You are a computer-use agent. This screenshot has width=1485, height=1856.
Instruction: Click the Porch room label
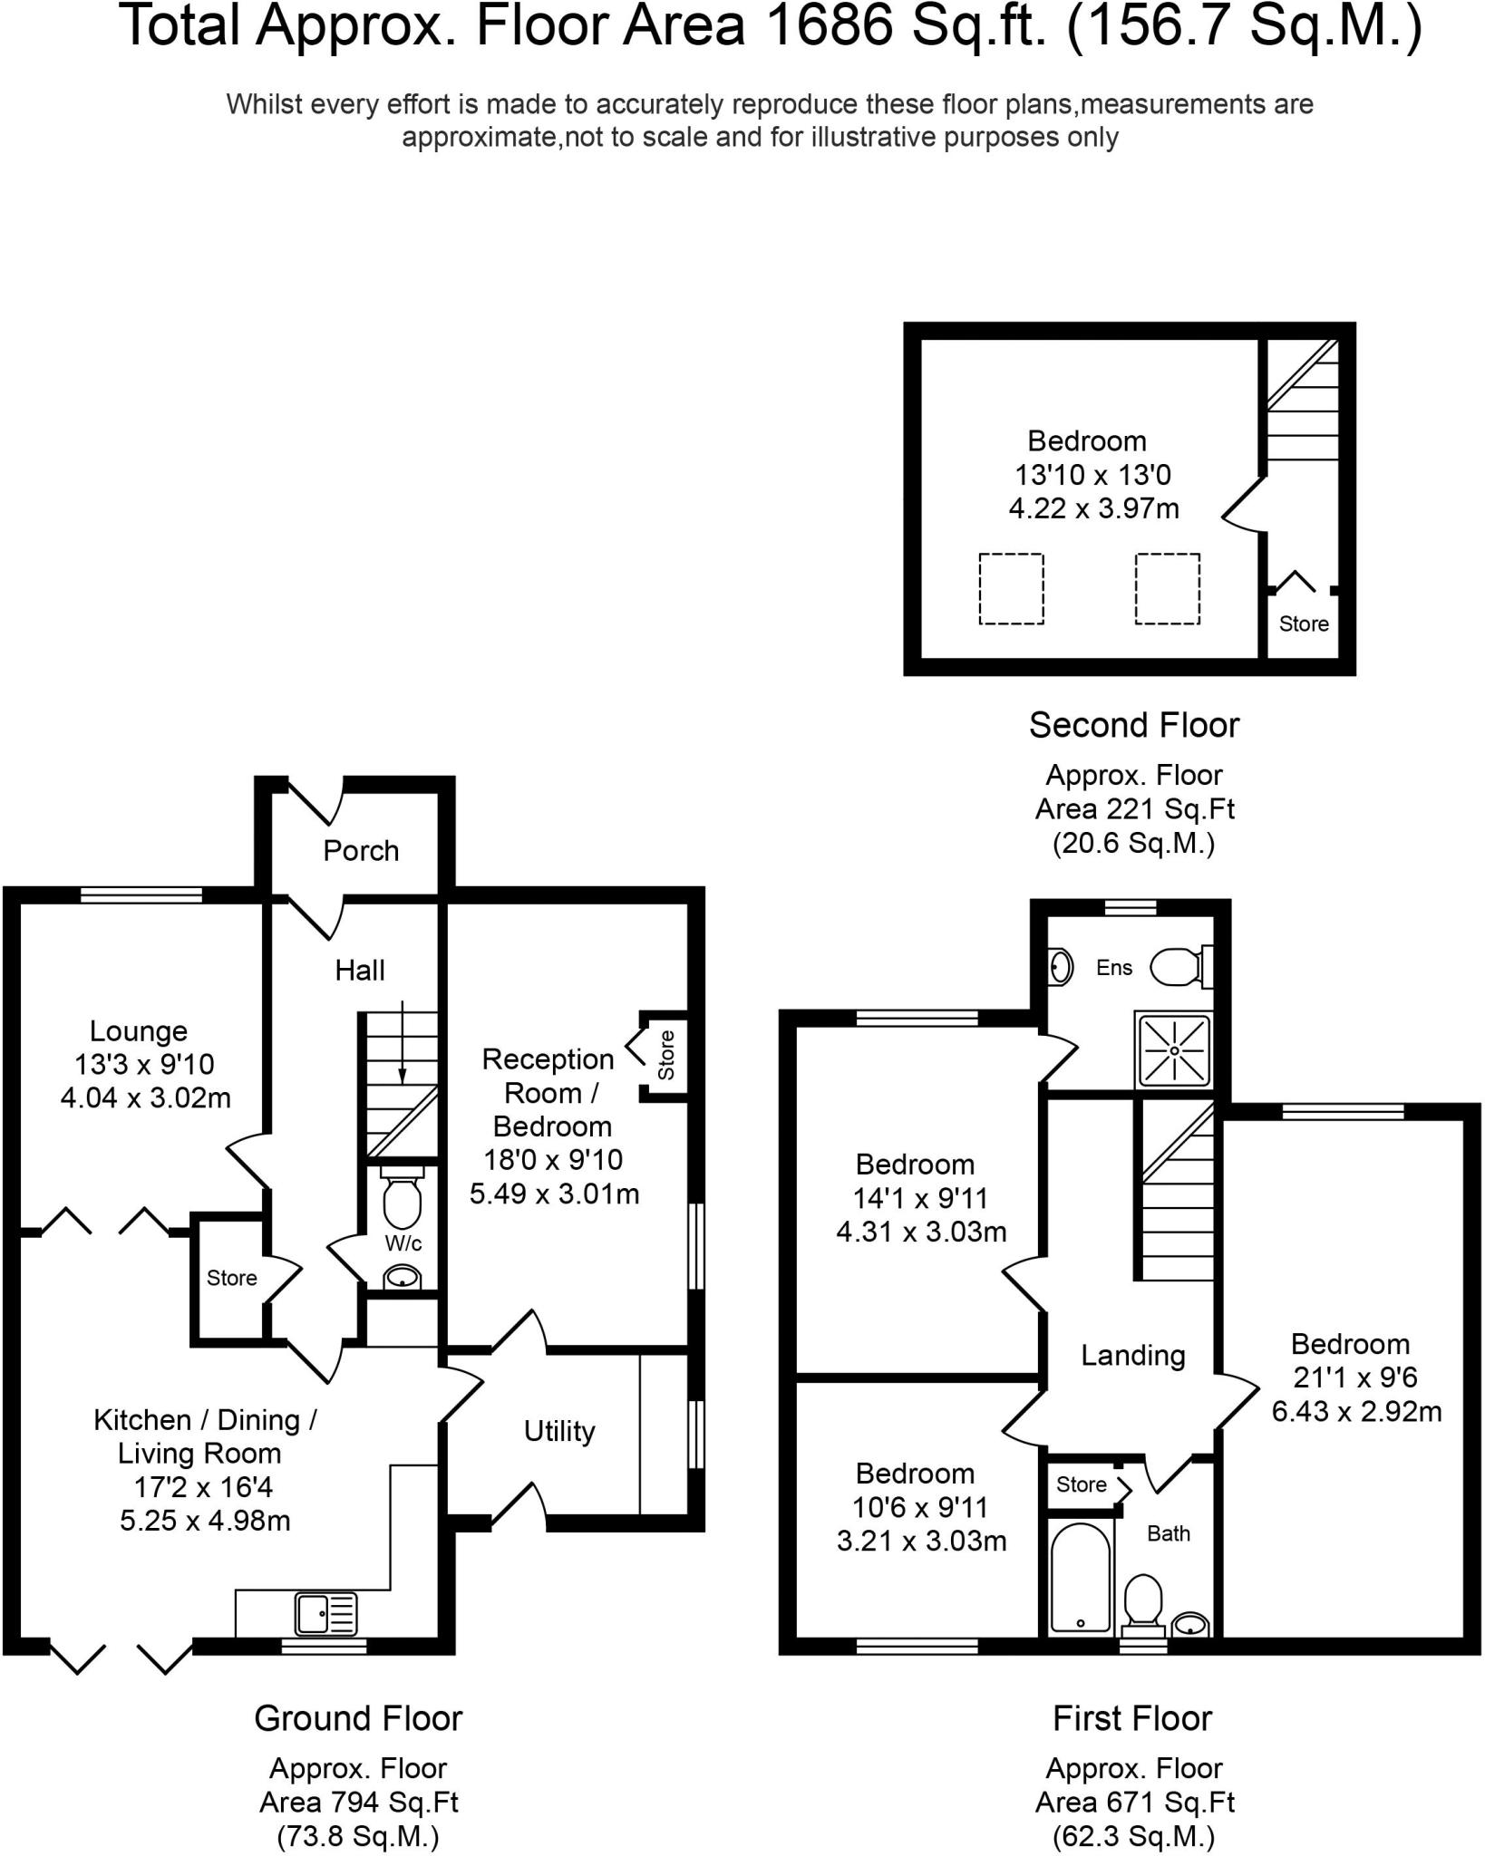(361, 851)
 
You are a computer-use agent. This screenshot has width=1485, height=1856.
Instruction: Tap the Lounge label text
(139, 1031)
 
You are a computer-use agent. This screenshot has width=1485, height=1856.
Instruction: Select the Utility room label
(559, 1431)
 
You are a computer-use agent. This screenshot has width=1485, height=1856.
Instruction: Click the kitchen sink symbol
(326, 1614)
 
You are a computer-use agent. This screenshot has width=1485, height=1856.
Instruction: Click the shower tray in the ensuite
(1174, 1050)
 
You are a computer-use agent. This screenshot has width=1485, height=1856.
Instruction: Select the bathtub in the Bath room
(1080, 1578)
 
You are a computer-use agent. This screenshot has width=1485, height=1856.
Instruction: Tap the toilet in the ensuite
(1180, 967)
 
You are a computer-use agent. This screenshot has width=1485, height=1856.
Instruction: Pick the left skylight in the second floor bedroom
(1011, 589)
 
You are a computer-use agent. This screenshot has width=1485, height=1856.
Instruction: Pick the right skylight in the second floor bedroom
(1168, 589)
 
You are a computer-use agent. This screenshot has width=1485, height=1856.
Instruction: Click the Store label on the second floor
(1304, 623)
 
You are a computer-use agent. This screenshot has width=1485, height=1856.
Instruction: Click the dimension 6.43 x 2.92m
(1356, 1412)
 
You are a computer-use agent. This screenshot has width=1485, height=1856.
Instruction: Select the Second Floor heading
(1134, 725)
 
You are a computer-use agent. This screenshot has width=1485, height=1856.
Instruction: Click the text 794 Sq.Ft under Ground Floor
(359, 1803)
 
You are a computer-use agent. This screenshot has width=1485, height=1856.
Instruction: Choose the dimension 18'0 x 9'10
(553, 1159)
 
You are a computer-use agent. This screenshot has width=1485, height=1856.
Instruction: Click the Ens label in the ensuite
(1114, 968)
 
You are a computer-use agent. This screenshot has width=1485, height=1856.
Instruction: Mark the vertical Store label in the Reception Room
(666, 1055)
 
